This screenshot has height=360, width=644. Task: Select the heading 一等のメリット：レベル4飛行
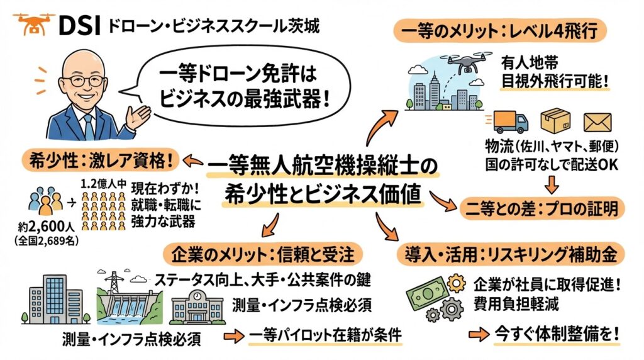[x=500, y=29]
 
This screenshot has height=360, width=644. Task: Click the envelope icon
[x=597, y=122]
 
